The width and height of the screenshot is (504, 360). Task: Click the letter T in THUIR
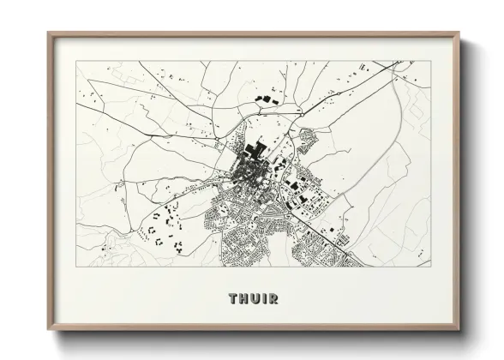point(233,299)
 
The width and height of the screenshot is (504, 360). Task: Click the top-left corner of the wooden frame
point(48,33)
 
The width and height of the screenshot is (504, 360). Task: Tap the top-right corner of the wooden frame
point(459,33)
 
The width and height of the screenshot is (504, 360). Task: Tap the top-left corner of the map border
point(76,61)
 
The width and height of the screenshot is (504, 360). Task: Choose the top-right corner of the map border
point(431,61)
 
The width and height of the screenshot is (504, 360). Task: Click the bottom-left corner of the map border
point(76,267)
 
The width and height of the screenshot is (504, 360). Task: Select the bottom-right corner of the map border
point(431,267)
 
